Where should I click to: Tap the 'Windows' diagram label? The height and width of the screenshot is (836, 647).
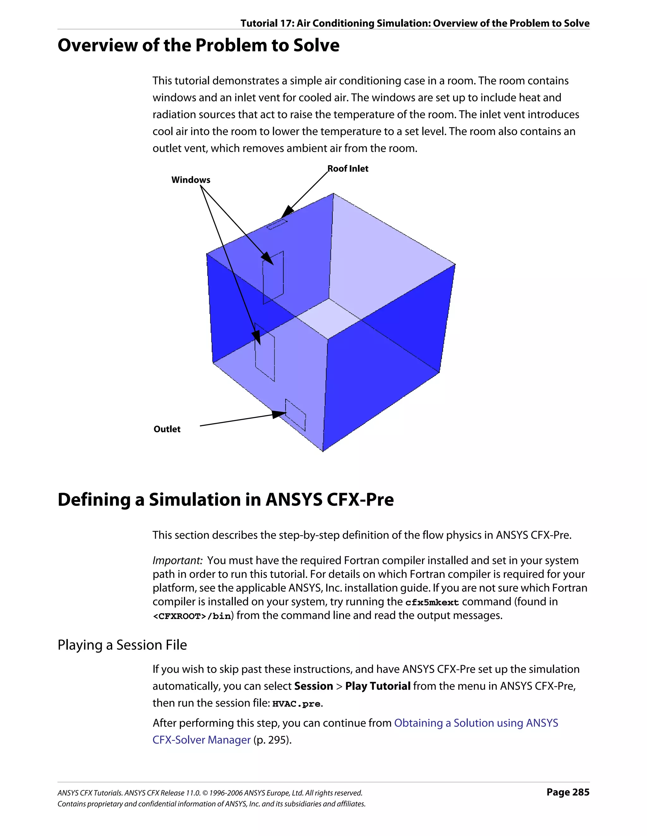click(x=190, y=180)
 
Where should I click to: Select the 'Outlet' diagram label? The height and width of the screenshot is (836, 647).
click(x=167, y=429)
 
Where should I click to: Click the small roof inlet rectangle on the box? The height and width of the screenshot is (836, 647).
click(x=277, y=224)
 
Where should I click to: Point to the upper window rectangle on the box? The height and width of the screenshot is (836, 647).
click(x=273, y=278)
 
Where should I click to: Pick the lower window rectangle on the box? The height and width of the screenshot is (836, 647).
click(x=264, y=352)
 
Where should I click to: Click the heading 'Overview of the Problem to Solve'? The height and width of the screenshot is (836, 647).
click(x=198, y=45)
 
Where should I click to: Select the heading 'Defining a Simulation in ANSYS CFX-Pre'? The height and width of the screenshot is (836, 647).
click(x=226, y=500)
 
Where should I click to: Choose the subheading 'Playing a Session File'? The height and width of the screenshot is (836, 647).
click(x=122, y=645)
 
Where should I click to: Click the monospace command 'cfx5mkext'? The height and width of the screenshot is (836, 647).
click(x=432, y=602)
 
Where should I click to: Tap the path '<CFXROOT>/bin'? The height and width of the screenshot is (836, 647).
click(x=192, y=616)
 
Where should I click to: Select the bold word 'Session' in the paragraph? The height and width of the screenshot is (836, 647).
click(x=313, y=686)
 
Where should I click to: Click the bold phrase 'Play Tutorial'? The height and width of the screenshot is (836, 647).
click(x=378, y=686)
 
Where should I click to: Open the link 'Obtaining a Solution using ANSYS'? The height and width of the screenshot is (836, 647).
click(x=476, y=723)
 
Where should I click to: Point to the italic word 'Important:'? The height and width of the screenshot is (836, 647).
click(x=177, y=560)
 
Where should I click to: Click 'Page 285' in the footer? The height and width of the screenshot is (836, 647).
click(x=568, y=792)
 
